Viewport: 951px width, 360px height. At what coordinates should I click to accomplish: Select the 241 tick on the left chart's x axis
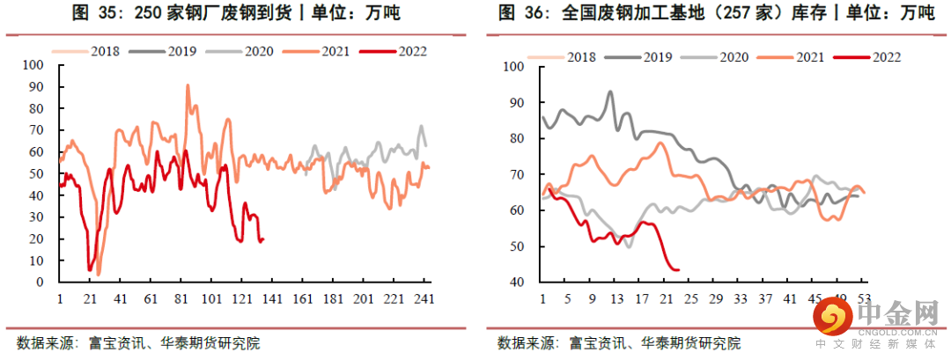coord(424,299)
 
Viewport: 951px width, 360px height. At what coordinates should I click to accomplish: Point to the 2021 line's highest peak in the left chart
coord(187,85)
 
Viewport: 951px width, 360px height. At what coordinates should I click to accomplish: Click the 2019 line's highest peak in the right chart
coord(610,92)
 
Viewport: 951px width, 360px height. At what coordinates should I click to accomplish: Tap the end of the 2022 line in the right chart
coord(679,269)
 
